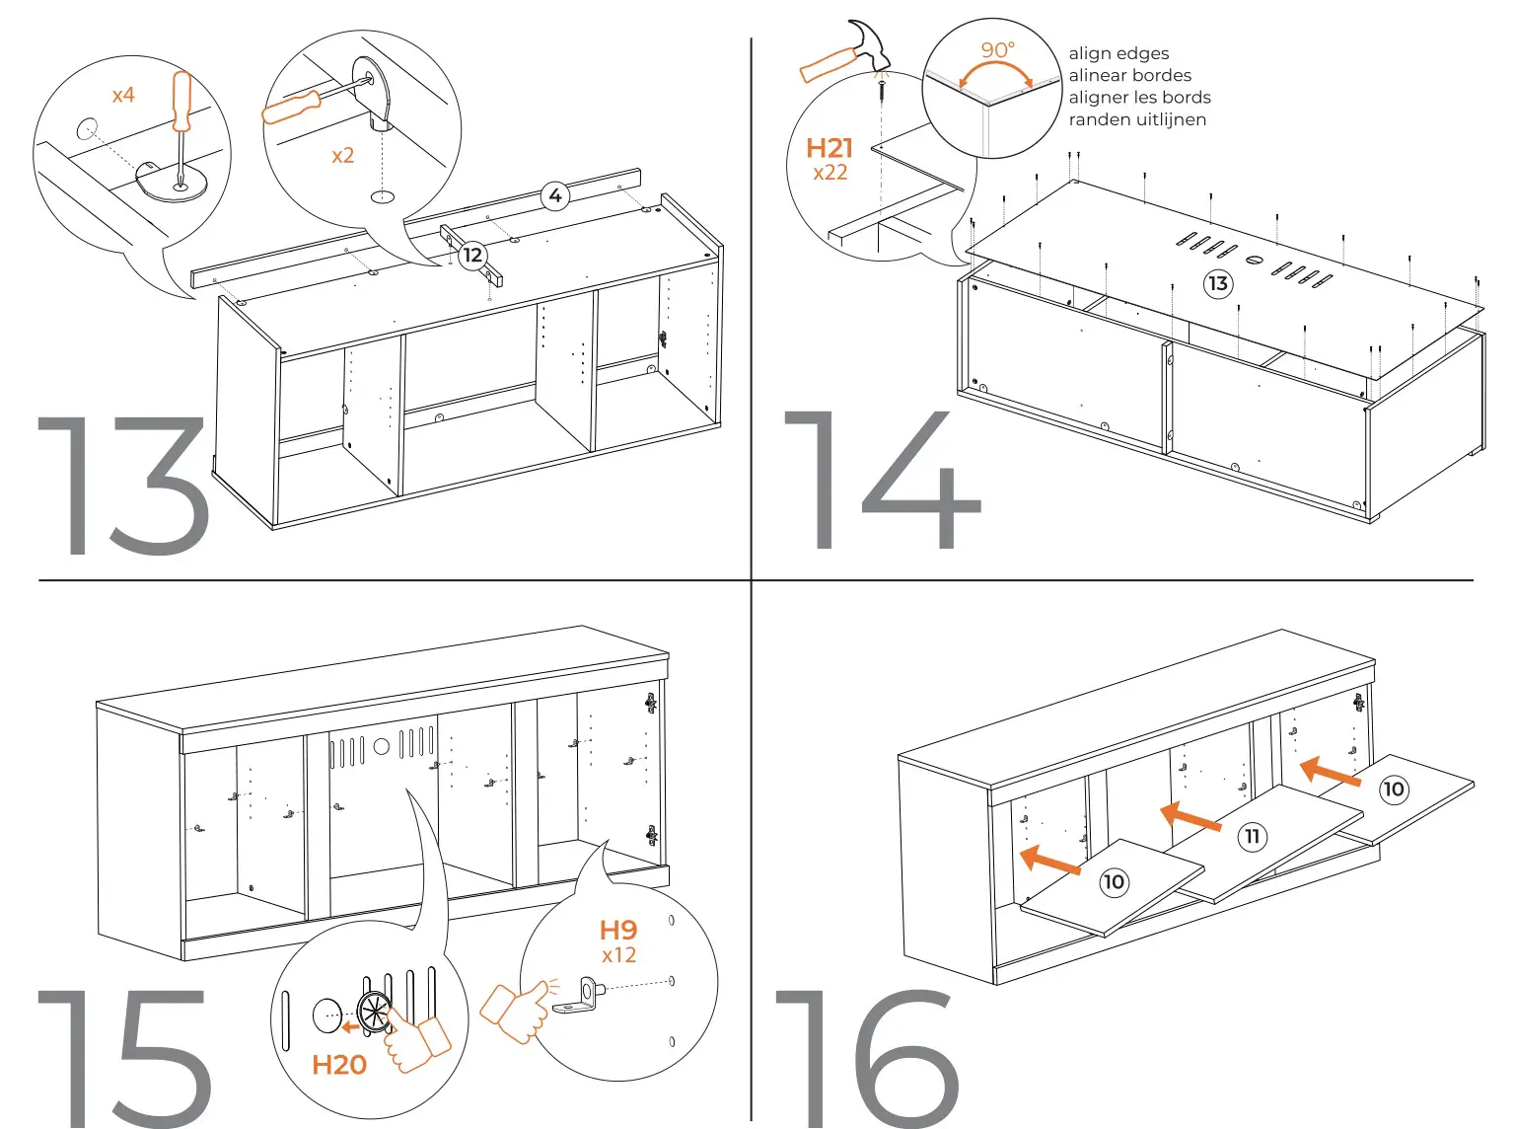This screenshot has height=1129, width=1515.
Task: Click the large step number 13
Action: tap(123, 486)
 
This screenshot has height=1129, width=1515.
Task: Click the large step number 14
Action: tap(881, 482)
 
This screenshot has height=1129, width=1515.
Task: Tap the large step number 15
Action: tap(123, 1058)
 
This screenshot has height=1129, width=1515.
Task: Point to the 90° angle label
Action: tap(997, 50)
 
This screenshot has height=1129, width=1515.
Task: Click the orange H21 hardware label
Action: tap(829, 148)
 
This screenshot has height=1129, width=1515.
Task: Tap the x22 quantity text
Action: tap(830, 173)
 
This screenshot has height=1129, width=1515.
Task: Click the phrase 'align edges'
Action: tap(1118, 53)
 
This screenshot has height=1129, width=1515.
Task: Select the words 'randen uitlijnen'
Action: tap(1137, 119)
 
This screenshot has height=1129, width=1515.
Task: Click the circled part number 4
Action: tap(555, 195)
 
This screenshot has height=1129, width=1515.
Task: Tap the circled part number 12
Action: tap(473, 256)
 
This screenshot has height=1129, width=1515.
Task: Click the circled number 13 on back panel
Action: tap(1218, 284)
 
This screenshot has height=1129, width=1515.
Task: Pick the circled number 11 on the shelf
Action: tap(1252, 837)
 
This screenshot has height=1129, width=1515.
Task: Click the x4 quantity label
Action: tap(123, 96)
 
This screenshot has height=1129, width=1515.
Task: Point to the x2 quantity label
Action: tap(342, 156)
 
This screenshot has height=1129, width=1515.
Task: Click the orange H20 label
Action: tap(338, 1065)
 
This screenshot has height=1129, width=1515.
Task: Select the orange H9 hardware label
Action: tap(618, 930)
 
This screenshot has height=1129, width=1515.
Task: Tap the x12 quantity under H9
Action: tap(618, 955)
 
